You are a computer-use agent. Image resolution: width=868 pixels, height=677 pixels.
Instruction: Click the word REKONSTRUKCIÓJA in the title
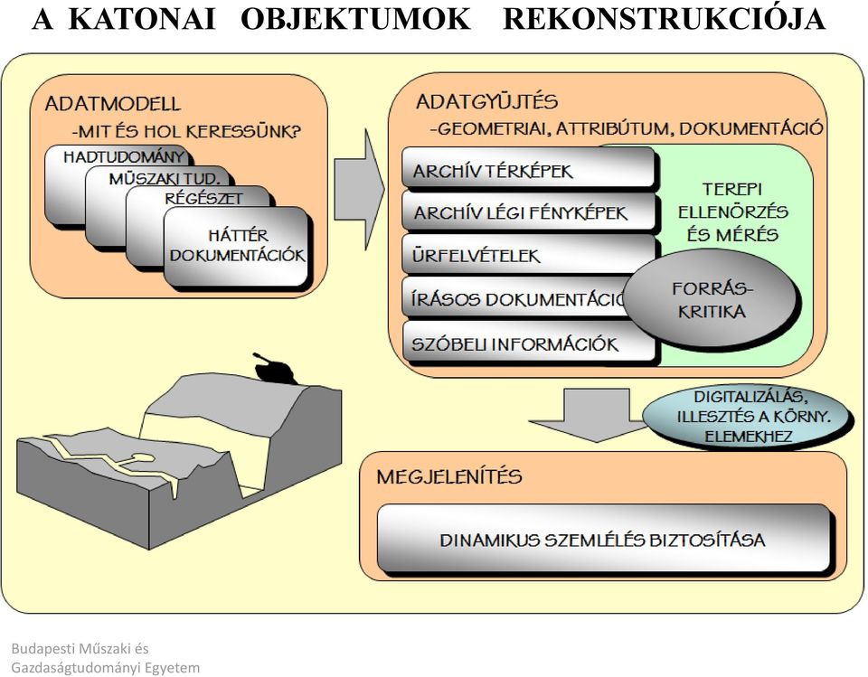tap(664, 19)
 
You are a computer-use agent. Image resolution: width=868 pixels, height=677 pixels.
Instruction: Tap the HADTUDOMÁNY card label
tap(124, 156)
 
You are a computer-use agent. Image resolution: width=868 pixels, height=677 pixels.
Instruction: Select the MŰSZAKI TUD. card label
tap(165, 178)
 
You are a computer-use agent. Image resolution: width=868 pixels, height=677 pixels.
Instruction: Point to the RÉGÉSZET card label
tap(203, 198)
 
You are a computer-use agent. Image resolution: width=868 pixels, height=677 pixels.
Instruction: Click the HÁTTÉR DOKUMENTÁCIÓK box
tap(238, 247)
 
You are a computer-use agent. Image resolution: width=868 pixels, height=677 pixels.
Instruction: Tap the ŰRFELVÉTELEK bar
tap(529, 254)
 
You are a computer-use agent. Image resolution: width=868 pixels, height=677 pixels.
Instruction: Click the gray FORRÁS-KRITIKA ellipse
tap(712, 299)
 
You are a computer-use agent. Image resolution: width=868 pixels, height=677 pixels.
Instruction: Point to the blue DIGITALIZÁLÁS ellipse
tap(748, 416)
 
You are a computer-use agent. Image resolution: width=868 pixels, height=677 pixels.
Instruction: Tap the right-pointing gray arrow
tap(359, 189)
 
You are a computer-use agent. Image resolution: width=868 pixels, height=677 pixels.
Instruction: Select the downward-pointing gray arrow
tap(596, 415)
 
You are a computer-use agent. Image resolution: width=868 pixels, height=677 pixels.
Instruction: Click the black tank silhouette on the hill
tap(274, 368)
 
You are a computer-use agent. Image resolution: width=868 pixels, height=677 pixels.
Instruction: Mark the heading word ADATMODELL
tap(112, 104)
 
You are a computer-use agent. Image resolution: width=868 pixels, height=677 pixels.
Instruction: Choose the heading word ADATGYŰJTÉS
tap(486, 101)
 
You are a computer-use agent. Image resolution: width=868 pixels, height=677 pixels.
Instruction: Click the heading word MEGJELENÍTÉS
tap(449, 476)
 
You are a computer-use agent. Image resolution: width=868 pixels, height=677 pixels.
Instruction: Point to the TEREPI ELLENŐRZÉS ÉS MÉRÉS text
tap(732, 212)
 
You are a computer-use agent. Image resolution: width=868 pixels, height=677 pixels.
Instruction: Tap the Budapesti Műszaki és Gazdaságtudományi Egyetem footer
tap(105, 658)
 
